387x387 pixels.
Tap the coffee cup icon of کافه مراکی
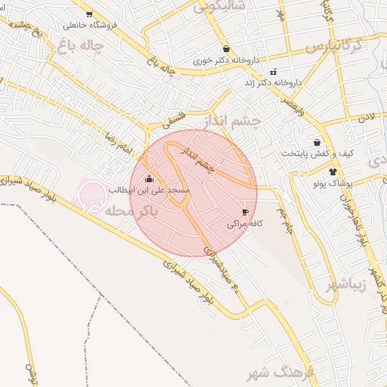click(x=245, y=212)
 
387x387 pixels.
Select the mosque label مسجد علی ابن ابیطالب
click(x=153, y=190)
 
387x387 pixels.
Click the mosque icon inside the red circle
click(x=148, y=179)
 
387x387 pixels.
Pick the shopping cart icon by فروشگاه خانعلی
click(x=89, y=14)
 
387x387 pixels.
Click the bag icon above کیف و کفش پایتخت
click(x=316, y=142)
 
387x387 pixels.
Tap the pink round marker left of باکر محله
click(x=91, y=194)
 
